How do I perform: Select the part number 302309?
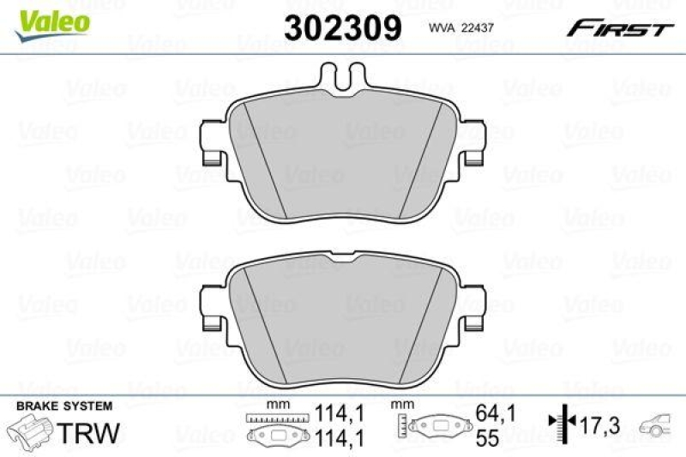[343, 29]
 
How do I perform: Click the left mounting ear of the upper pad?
[211, 143]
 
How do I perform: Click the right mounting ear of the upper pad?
[472, 143]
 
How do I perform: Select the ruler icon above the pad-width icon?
[274, 418]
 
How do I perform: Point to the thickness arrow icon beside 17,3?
[560, 423]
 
